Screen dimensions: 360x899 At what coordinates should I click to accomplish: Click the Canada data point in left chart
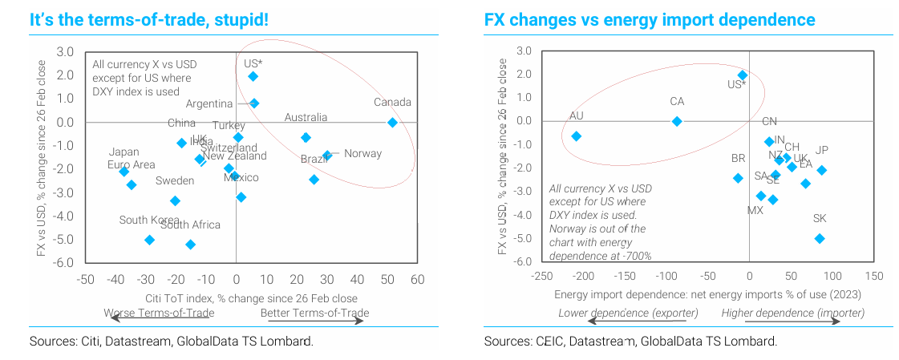pos(392,122)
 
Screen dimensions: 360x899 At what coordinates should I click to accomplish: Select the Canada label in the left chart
pos(392,103)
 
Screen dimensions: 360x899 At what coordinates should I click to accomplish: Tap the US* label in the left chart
pos(253,63)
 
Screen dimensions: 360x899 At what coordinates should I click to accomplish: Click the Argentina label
pos(209,103)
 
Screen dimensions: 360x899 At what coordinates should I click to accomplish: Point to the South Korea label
pos(149,220)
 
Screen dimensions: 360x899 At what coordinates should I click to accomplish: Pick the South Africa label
pos(190,225)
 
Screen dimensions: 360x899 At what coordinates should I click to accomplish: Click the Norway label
pos(362,154)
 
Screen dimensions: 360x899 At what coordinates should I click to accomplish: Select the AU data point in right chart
pos(576,136)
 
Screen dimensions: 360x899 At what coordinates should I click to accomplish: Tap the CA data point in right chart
pos(677,121)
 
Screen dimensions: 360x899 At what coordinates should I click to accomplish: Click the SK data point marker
pos(820,238)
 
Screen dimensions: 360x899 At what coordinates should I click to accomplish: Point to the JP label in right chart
pos(821,151)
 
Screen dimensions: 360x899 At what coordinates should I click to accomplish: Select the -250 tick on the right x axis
pos(541,276)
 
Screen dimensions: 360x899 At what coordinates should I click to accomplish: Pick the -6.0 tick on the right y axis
pos(521,261)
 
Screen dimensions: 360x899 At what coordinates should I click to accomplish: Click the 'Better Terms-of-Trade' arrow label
pos(314,313)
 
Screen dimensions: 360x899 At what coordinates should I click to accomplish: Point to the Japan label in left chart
pos(125,152)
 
